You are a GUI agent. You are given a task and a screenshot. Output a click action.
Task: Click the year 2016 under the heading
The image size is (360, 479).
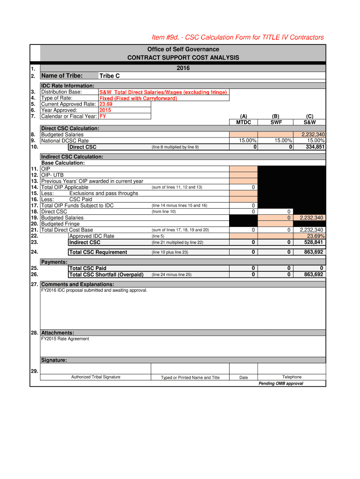[x=183, y=68]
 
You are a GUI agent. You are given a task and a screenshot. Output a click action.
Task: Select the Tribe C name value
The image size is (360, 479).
[x=110, y=76]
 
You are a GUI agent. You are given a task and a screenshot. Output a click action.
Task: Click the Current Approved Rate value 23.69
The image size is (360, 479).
[x=106, y=104]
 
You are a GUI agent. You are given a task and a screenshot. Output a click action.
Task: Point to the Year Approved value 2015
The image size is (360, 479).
[x=105, y=110]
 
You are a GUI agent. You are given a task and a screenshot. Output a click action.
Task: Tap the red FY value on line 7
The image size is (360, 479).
[x=102, y=116]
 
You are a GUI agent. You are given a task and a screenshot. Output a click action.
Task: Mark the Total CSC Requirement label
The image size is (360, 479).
[x=98, y=252]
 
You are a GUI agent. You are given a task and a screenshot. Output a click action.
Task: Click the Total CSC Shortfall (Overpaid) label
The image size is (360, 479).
[x=106, y=275]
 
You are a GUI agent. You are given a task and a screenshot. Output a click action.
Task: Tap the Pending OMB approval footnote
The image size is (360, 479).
[x=281, y=384]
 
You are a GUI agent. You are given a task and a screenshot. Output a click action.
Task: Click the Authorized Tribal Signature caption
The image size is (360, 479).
[x=95, y=377]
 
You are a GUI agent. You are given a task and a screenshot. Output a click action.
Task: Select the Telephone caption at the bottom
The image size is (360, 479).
[x=292, y=377]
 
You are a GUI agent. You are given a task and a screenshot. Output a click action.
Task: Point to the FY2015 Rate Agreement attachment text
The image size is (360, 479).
[x=65, y=339]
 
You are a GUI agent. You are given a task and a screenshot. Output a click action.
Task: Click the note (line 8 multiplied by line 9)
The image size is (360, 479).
[x=175, y=147]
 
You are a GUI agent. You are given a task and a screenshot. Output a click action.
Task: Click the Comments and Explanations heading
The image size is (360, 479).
[x=77, y=284]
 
